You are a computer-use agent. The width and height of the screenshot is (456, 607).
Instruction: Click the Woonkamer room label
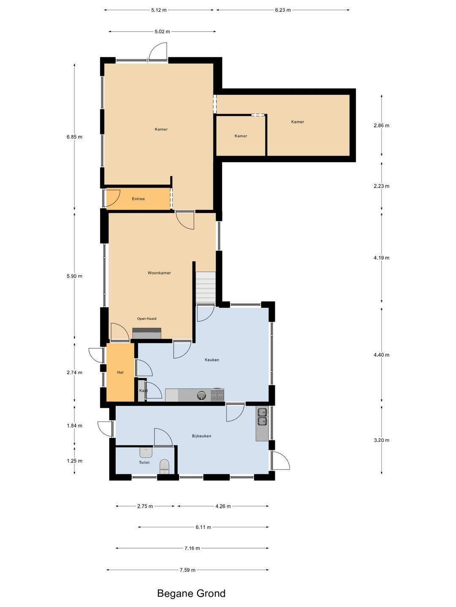click(159, 273)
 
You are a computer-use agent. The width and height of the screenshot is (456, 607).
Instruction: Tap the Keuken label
click(212, 360)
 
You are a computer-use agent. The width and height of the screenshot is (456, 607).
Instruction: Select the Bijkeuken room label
click(201, 436)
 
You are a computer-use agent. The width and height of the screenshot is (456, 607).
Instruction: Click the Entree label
click(138, 199)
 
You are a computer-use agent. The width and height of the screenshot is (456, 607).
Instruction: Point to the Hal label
click(120, 372)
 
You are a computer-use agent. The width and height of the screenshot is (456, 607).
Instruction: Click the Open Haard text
click(147, 319)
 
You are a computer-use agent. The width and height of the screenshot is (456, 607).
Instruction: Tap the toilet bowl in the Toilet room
click(164, 467)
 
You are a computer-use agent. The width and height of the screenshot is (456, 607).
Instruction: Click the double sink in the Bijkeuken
click(262, 416)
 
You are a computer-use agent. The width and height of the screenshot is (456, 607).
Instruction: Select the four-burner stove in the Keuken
click(217, 395)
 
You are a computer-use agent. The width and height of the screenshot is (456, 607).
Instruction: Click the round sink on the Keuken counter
click(202, 395)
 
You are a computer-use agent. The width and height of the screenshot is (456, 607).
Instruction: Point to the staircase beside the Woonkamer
click(206, 287)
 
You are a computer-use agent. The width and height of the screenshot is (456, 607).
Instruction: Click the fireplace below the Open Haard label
click(147, 333)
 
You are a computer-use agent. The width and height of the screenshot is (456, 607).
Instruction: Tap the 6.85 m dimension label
click(74, 137)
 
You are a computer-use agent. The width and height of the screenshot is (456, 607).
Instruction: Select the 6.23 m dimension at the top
click(283, 10)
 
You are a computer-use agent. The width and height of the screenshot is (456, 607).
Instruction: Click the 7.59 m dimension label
click(187, 570)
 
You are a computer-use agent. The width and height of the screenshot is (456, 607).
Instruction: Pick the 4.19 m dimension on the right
click(381, 258)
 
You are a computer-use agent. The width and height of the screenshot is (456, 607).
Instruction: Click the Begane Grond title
click(191, 594)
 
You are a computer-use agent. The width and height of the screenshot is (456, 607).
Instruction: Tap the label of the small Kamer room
click(241, 136)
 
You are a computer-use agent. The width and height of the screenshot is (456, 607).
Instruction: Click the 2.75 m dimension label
click(145, 506)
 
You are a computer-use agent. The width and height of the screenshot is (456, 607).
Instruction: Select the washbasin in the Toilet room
click(146, 452)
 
